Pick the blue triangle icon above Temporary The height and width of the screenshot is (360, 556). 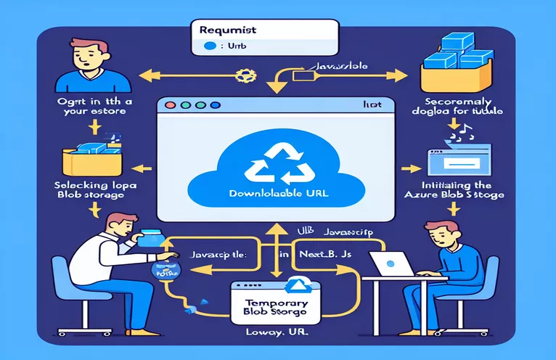(296, 285)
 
